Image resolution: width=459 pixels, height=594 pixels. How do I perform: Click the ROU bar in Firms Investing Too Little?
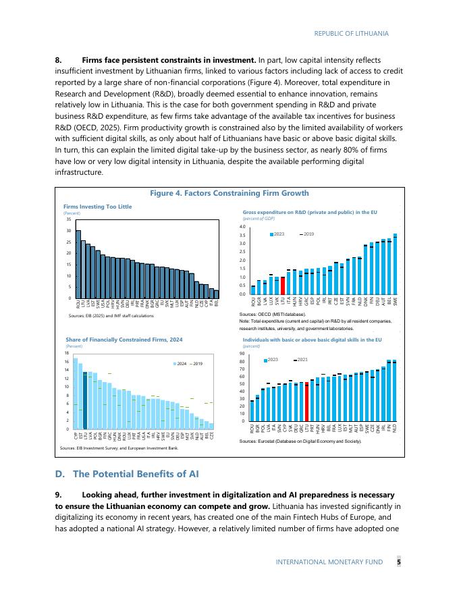click(78, 264)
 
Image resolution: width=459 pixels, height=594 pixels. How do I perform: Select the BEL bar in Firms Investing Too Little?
click(217, 294)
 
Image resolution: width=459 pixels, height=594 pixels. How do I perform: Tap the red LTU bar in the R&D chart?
click(283, 286)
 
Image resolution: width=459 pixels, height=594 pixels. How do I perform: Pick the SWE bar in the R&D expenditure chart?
click(395, 264)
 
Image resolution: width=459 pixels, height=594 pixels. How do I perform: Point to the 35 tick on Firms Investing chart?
click(70, 219)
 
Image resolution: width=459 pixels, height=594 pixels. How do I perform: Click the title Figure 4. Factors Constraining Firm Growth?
click(229, 193)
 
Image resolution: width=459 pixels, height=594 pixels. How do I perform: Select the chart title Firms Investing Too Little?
click(97, 206)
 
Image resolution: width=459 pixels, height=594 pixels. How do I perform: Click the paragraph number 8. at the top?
click(58, 61)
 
